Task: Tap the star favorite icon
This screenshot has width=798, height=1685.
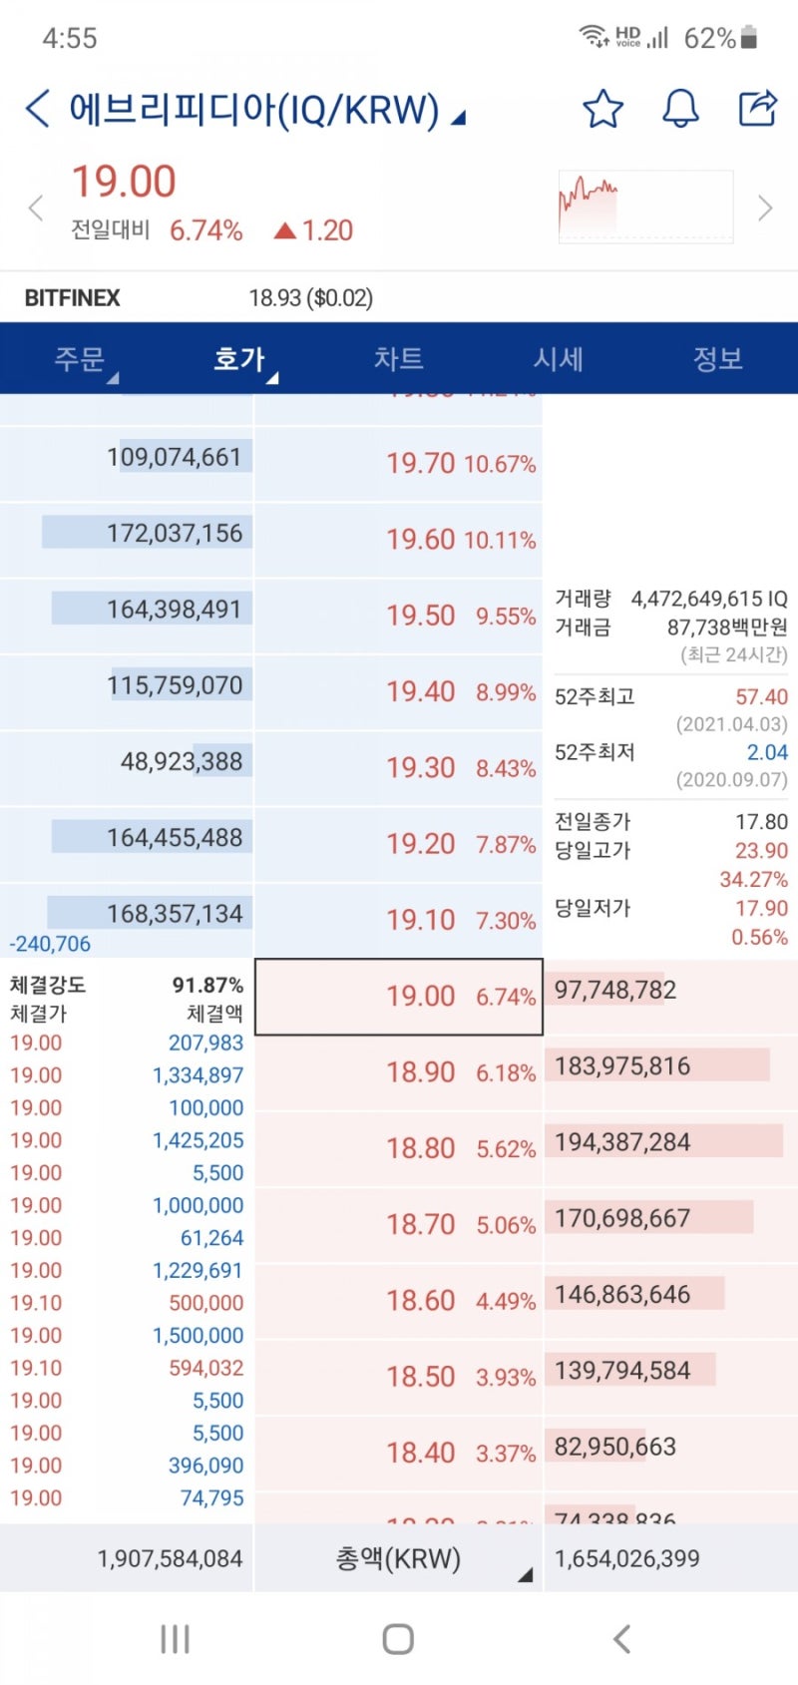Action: tap(602, 108)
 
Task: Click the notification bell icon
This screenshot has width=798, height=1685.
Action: tap(680, 108)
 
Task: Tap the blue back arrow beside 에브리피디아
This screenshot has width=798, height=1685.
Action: tap(37, 108)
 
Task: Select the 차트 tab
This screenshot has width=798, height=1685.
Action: tap(398, 359)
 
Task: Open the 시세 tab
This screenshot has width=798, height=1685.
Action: tap(558, 359)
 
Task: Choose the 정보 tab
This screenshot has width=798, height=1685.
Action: tap(717, 359)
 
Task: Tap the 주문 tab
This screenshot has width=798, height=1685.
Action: tap(80, 359)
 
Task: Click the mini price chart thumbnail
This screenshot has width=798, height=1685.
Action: tap(645, 207)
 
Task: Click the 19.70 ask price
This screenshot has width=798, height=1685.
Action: tap(420, 463)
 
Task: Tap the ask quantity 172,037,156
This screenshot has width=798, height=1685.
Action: tap(175, 533)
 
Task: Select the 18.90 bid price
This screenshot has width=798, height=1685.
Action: tap(420, 1072)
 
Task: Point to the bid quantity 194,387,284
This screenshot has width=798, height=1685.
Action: tap(622, 1142)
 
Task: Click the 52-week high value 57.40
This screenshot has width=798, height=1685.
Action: tap(761, 696)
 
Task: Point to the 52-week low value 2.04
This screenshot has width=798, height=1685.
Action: tap(767, 752)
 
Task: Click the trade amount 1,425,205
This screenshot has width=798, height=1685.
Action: tap(198, 1140)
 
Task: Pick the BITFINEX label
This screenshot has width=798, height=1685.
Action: tap(72, 298)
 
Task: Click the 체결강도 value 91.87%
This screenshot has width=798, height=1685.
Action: tap(207, 986)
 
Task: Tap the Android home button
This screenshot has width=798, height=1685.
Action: tap(398, 1639)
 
